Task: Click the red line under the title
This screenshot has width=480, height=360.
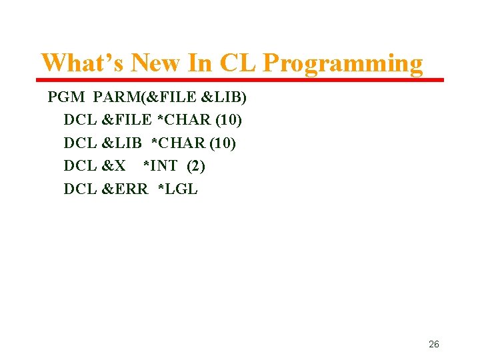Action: [x=240, y=80]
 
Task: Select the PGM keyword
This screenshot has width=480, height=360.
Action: [x=66, y=98]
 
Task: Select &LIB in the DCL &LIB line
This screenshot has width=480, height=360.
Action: [x=121, y=143]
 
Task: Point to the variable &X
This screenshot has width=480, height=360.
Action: [x=113, y=166]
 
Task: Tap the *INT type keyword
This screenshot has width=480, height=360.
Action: [x=161, y=166]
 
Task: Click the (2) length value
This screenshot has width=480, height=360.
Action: [x=196, y=166]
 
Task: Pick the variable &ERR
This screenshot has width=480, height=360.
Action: [x=125, y=189]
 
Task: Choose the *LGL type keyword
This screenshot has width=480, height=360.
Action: [x=177, y=189]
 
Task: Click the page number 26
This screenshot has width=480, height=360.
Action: [x=433, y=345]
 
